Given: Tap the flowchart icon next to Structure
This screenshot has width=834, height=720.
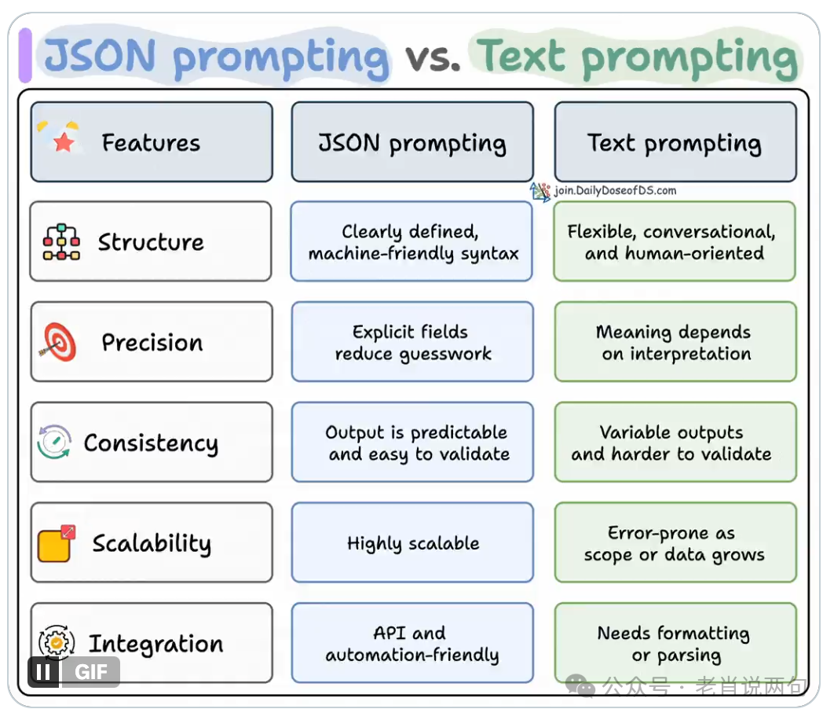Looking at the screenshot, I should (61, 242).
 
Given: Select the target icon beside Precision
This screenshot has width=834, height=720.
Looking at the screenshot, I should (58, 342).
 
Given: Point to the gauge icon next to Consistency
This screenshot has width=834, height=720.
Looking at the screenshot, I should (54, 443).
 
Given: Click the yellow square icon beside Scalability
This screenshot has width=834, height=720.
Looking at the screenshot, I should (56, 543).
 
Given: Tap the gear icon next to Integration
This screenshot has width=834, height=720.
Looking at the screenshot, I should (56, 641).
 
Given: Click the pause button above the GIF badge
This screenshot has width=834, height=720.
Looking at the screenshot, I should (44, 672).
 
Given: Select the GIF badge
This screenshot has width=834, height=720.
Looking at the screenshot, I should (91, 672).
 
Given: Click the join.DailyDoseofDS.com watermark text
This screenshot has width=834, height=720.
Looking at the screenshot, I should (615, 190).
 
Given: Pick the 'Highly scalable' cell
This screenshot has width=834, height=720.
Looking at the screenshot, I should (412, 543).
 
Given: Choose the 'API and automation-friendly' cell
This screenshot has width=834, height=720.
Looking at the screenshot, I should (412, 644).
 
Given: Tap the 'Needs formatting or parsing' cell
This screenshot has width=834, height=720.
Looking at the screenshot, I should (675, 644).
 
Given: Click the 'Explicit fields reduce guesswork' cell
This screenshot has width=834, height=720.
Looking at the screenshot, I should (412, 342).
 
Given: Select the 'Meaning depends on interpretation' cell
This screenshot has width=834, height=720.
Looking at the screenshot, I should (675, 342).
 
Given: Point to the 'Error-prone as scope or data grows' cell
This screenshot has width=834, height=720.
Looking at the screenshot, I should (675, 543).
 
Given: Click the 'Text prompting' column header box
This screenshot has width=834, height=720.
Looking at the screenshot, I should (675, 142).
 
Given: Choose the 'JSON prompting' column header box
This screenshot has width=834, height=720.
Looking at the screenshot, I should (412, 142).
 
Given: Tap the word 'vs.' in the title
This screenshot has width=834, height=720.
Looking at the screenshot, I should (432, 57).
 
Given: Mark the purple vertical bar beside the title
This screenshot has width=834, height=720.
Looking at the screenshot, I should (25, 55).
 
